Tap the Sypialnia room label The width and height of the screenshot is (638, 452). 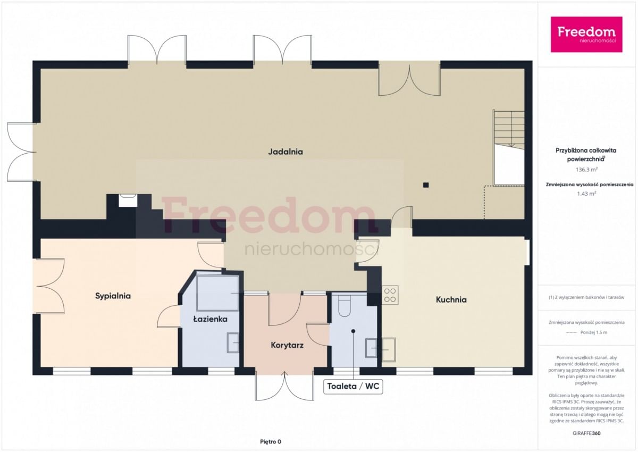(x=113, y=296)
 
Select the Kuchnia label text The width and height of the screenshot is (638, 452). (x=451, y=299)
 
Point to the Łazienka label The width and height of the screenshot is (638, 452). (x=210, y=319)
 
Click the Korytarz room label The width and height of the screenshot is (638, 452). (x=287, y=346)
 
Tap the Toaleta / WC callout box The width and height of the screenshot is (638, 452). (x=353, y=386)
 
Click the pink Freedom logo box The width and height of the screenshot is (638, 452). (x=586, y=35)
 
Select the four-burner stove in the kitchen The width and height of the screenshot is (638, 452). (x=390, y=295)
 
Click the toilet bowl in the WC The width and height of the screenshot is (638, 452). (x=345, y=306)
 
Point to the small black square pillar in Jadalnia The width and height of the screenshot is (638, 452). (x=426, y=185)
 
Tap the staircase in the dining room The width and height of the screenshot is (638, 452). (x=509, y=130)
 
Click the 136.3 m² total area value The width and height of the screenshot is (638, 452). (x=586, y=170)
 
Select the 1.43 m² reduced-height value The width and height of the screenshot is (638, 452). (x=586, y=194)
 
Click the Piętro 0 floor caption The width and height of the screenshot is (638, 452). (x=270, y=442)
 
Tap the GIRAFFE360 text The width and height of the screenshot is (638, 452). (x=586, y=433)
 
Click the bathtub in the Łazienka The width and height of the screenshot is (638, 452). (x=218, y=293)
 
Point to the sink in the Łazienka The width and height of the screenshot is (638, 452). (x=233, y=343)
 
